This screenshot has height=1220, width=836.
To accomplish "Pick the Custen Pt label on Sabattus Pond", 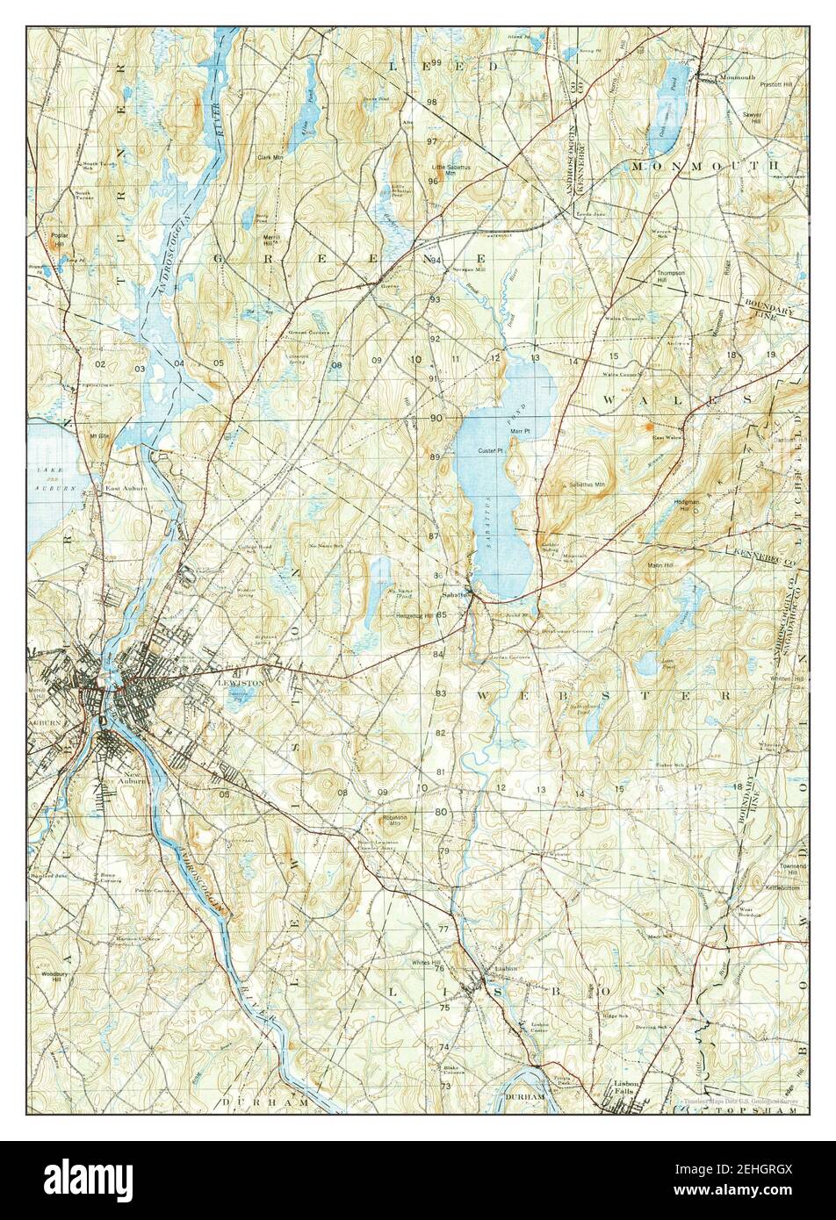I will (x=489, y=451).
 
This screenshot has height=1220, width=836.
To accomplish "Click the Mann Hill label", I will (x=659, y=565).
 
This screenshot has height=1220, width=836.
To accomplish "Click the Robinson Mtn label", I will (x=398, y=821).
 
